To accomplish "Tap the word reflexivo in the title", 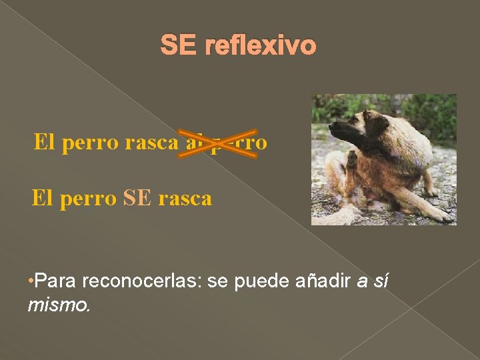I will [x=261, y=46].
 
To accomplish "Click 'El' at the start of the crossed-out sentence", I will [x=45, y=142].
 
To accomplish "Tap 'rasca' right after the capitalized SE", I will [x=187, y=199].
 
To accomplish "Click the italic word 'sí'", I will [x=379, y=282].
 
